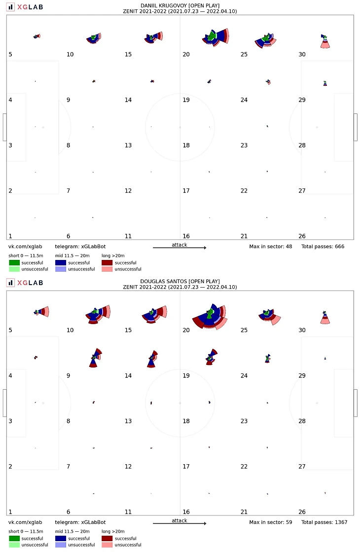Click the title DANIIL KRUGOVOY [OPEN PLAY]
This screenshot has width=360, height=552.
click(x=180, y=5)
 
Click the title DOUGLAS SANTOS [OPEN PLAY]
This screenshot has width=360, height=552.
click(x=180, y=281)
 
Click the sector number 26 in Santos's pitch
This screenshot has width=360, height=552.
click(x=302, y=512)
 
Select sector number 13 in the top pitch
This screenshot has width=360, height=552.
click(x=128, y=146)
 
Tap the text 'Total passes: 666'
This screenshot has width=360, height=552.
click(x=323, y=246)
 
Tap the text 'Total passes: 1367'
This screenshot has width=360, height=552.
click(x=324, y=522)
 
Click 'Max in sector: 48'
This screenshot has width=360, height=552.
click(x=271, y=246)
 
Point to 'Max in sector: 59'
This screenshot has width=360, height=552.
click(x=271, y=522)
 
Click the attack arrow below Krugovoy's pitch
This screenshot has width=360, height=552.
click(x=180, y=248)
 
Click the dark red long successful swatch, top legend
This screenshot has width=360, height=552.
click(x=107, y=263)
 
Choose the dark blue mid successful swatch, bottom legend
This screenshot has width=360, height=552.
click(x=61, y=539)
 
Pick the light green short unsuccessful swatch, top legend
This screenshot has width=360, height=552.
click(x=15, y=269)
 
